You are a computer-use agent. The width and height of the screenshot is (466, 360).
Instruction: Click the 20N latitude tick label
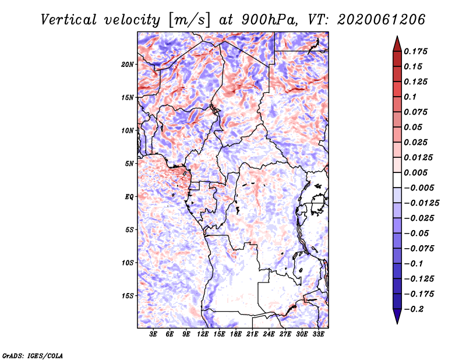click(x=128, y=65)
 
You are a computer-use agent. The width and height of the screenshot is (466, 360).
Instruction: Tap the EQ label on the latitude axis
click(x=129, y=197)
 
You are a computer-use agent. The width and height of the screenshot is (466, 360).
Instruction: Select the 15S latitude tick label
click(x=128, y=296)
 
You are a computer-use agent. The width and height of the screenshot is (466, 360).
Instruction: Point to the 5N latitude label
click(x=129, y=164)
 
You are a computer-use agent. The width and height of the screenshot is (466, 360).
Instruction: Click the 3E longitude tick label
click(x=153, y=334)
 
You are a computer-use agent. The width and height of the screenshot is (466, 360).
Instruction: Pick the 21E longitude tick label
click(x=252, y=334)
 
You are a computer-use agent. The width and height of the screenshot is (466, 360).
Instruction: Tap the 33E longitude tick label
click(x=318, y=334)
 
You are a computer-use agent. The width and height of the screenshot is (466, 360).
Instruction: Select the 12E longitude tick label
click(x=203, y=334)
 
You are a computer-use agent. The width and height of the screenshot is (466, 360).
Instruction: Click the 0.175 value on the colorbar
click(x=415, y=51)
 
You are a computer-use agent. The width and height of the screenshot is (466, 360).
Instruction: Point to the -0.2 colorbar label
click(x=414, y=309)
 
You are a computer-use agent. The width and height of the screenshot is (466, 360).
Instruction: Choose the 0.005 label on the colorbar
click(x=415, y=172)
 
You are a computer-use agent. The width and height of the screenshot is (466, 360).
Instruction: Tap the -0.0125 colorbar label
click(x=421, y=203)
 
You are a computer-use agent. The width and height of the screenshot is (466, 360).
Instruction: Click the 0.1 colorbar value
click(x=410, y=97)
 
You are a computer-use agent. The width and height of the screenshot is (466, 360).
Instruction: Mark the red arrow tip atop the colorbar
click(x=397, y=36)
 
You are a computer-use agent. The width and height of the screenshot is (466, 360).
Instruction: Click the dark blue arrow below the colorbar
click(x=397, y=316)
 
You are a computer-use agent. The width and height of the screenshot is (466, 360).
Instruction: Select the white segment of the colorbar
click(x=397, y=180)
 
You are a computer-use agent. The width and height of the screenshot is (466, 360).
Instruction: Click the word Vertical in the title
click(x=69, y=20)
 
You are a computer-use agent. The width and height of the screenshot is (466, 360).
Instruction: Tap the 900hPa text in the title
click(x=270, y=20)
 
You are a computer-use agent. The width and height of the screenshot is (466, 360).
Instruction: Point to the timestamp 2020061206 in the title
click(x=382, y=20)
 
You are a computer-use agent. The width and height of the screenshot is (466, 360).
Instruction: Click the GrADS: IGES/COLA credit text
click(x=33, y=356)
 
